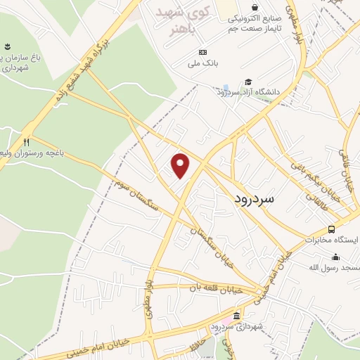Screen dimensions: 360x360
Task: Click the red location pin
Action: point(181,165)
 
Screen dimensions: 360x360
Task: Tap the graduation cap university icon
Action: point(247,82)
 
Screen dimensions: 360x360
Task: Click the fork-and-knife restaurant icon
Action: point(27,141)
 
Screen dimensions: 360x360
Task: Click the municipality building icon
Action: point(236,315)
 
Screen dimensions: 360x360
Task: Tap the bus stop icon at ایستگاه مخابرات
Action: point(332,229)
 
